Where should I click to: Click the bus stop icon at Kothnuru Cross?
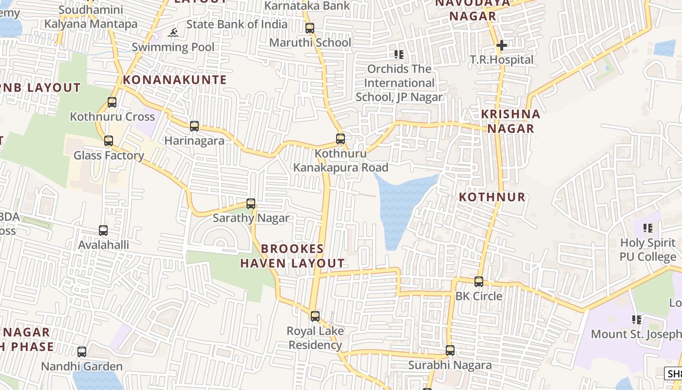coord(112,102)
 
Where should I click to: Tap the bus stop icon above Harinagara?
coord(194,126)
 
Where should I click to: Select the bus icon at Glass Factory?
coord(109,141)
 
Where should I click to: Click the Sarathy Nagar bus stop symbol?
coord(251,204)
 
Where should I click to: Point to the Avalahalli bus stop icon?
coord(103,231)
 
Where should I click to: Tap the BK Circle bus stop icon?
coord(479,282)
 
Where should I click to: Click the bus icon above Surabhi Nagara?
coord(450,351)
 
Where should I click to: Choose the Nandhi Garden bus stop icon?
coord(82,352)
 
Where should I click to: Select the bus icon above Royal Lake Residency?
coord(315,316)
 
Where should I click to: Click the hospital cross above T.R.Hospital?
coord(502,46)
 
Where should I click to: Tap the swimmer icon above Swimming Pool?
coord(173,33)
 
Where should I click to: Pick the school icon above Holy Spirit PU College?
coord(648,228)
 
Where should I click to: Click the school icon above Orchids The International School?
coord(399,55)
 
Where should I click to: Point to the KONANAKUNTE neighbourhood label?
coord(175,80)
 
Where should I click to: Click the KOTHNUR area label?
coord(493,197)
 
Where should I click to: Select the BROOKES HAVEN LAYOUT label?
coord(292,256)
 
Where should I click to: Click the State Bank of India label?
coord(237,24)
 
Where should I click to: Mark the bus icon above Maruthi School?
coord(310,28)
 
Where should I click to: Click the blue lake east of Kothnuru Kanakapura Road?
coord(399,205)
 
